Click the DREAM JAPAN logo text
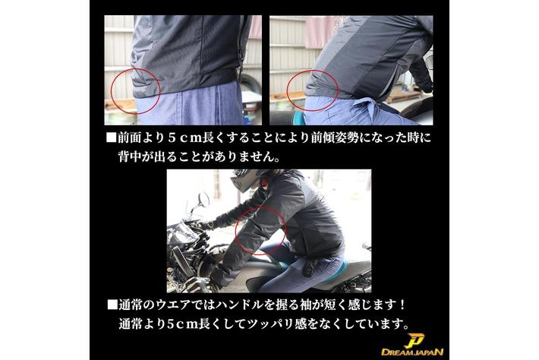(412, 352)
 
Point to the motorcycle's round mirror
(203, 200)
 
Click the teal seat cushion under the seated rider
(284, 266)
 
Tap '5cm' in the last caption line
(184, 324)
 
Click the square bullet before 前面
(111, 137)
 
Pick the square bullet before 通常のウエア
(112, 305)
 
